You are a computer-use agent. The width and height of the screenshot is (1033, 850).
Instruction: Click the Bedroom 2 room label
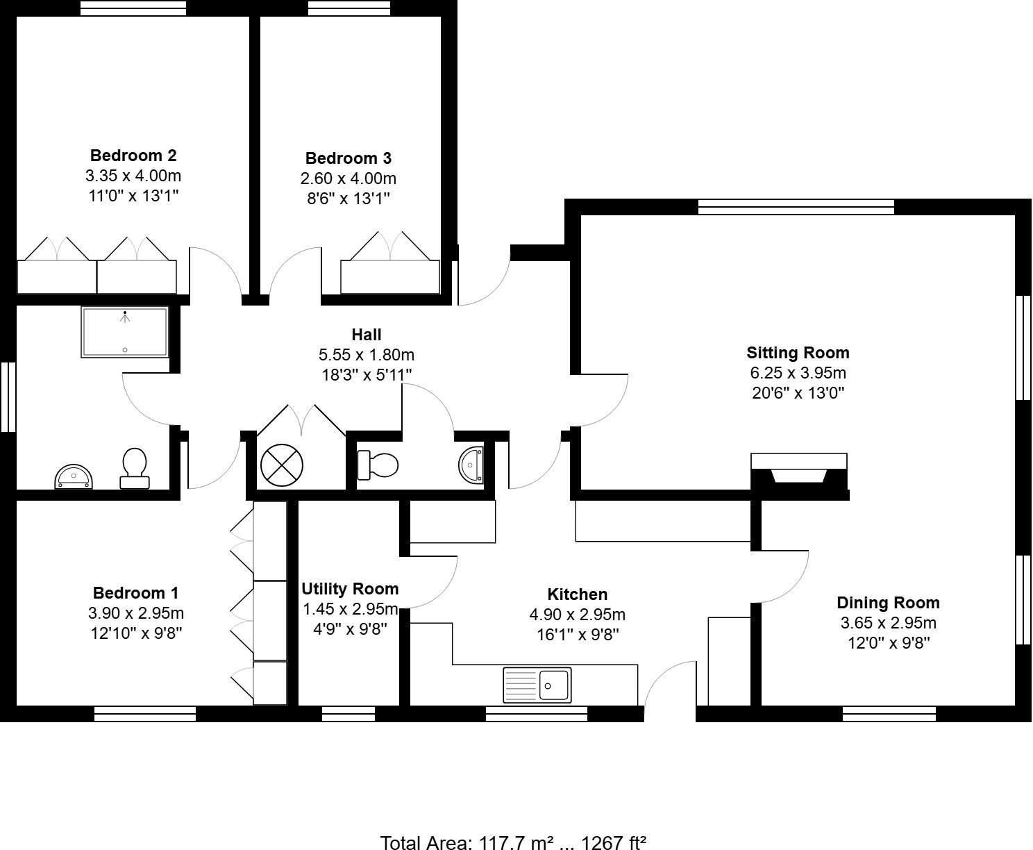(133, 155)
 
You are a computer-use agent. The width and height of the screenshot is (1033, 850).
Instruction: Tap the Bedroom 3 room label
(348, 158)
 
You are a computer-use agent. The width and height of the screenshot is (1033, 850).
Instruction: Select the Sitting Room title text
(798, 353)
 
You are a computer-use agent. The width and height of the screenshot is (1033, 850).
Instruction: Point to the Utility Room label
(350, 589)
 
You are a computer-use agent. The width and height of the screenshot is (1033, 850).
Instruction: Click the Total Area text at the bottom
(513, 842)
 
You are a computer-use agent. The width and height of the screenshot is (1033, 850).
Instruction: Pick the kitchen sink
(537, 685)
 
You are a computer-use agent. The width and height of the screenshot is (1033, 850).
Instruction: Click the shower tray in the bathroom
(125, 332)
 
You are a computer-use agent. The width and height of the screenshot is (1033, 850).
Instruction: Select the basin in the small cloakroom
(471, 464)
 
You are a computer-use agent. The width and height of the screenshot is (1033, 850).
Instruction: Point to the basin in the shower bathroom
(74, 476)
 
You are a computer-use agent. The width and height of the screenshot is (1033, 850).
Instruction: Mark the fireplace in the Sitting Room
(799, 474)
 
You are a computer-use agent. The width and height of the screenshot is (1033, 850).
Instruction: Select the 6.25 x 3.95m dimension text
(798, 373)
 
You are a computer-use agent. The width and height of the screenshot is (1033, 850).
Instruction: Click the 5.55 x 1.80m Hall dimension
(366, 355)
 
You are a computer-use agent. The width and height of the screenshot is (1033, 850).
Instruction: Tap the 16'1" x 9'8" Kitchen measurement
(578, 634)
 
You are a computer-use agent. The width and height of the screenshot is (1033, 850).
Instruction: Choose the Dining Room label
(888, 603)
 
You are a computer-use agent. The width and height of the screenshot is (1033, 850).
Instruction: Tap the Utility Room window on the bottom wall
(348, 713)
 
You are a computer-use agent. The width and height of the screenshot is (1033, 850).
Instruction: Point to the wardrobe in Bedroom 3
(390, 276)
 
